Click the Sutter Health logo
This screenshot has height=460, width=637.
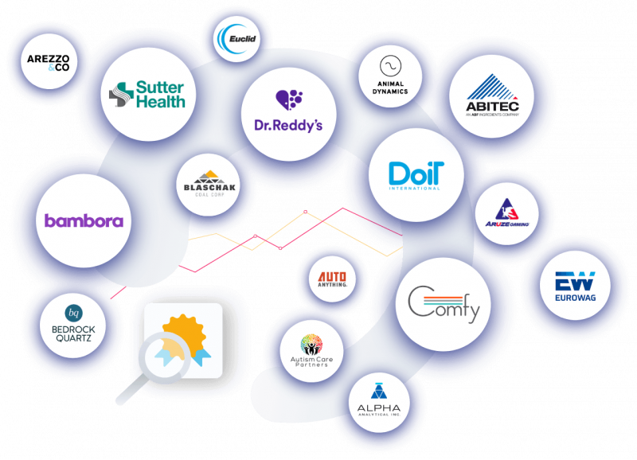pos(147,94)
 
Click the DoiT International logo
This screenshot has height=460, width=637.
pos(415,176)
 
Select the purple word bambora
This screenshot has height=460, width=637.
pos(84,220)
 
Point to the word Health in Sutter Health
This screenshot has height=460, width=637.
pos(160,101)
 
